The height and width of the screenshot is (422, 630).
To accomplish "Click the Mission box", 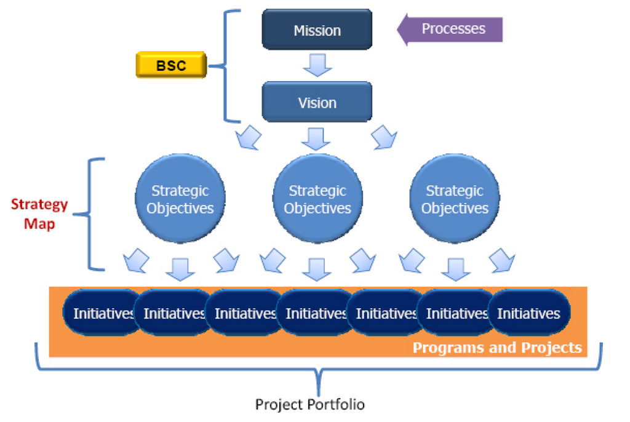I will click(x=317, y=30).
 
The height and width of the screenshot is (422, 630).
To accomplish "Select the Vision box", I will click(x=317, y=102).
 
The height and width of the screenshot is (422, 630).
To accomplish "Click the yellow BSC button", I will click(x=171, y=66).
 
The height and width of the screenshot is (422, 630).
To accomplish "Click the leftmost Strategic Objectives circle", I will click(x=180, y=199).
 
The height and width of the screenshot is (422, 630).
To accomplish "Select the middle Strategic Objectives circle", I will click(x=317, y=199).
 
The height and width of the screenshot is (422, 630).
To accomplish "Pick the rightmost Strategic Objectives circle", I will click(x=455, y=199).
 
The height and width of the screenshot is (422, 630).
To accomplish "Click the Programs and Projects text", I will click(x=497, y=348).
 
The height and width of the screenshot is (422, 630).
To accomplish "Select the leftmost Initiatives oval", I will click(x=102, y=313).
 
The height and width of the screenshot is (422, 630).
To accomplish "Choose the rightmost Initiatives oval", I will click(x=529, y=313).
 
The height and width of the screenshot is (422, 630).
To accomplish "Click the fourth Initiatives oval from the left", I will click(x=315, y=313).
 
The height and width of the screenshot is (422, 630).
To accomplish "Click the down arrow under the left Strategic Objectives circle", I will click(x=180, y=267).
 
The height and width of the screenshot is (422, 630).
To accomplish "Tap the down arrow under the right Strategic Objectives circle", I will click(x=455, y=267).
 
